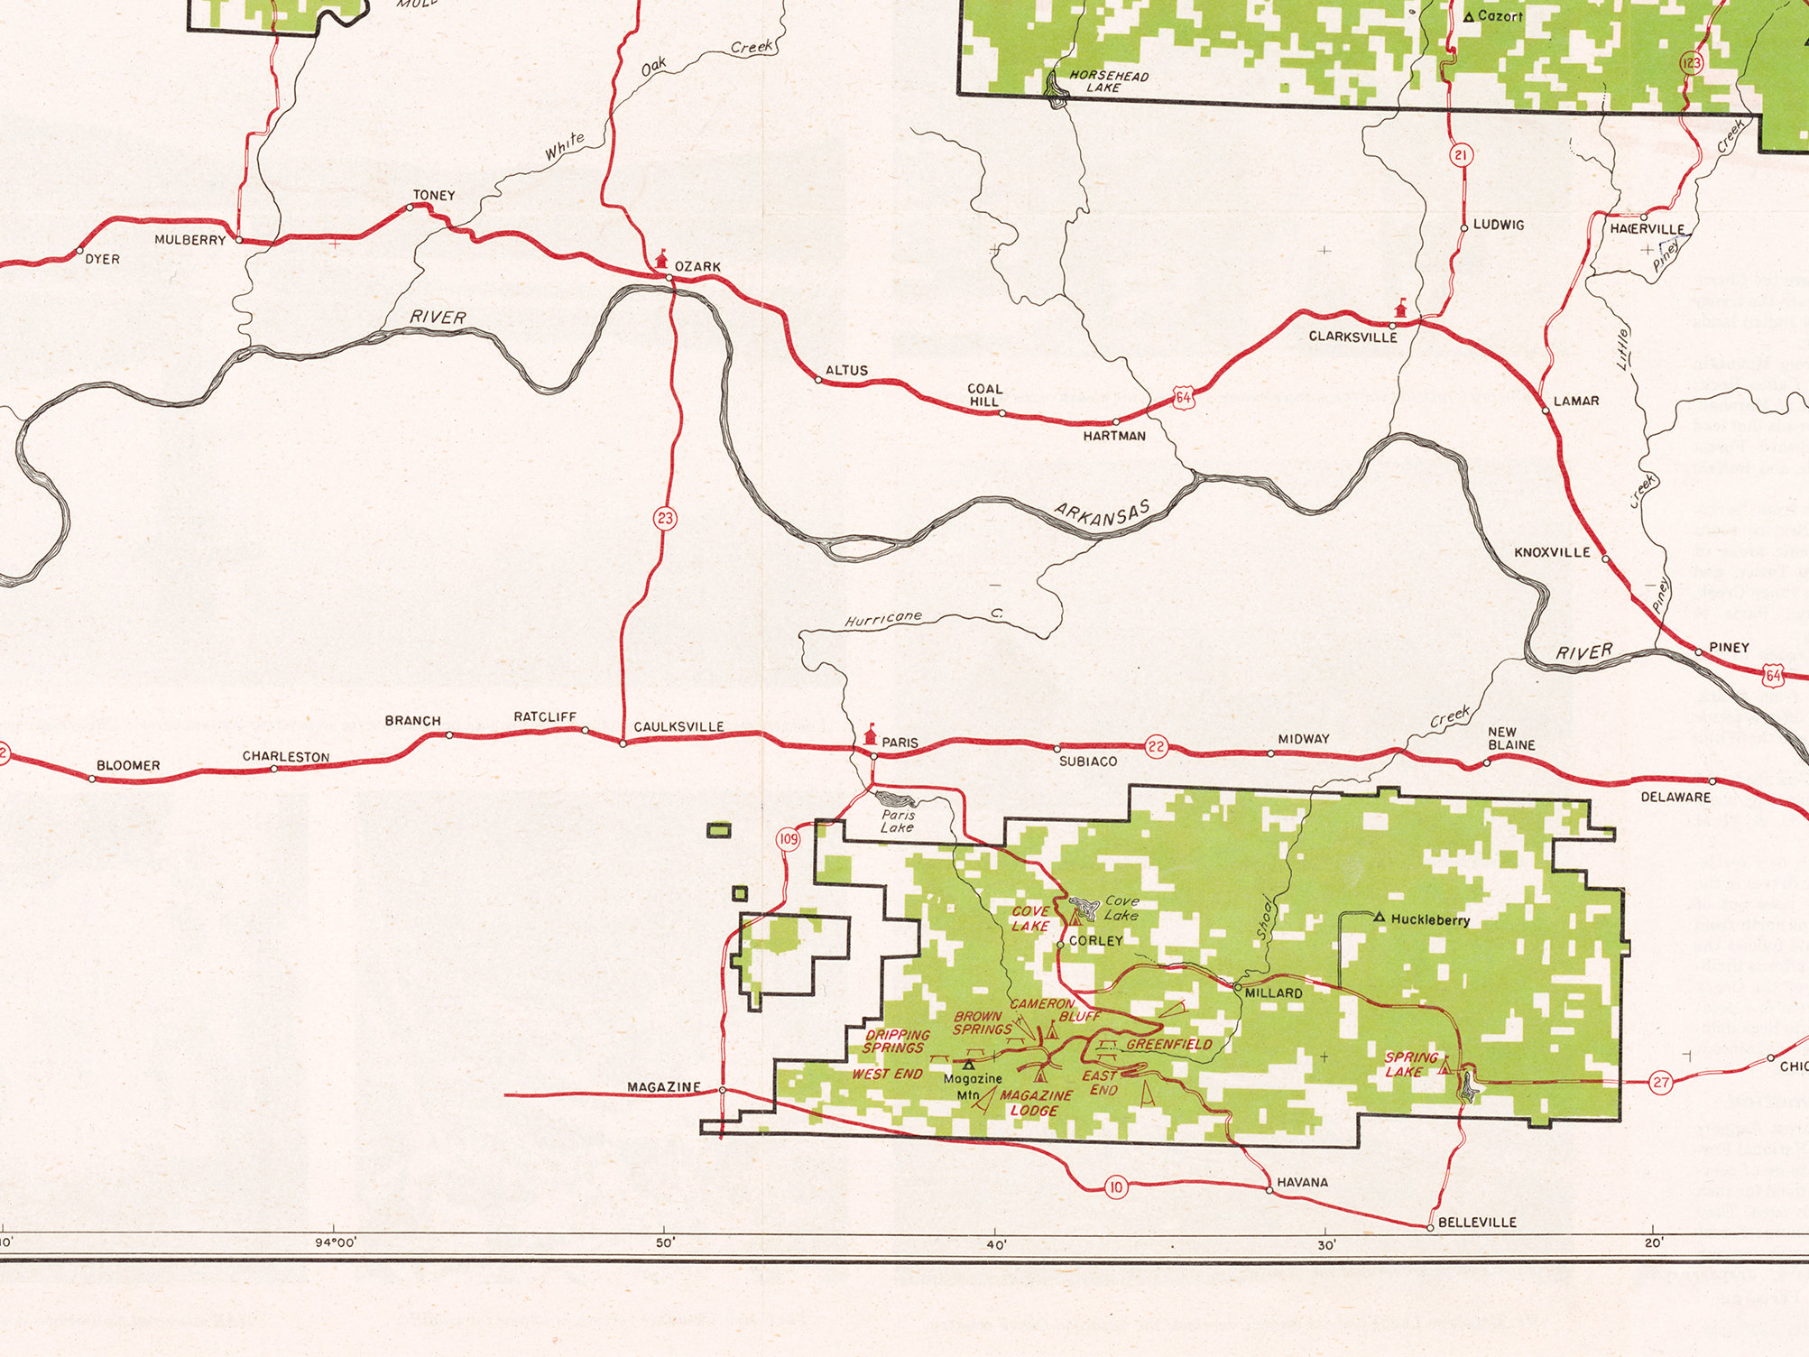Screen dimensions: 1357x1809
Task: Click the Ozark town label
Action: point(697,267)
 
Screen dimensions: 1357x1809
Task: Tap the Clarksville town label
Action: point(1352,337)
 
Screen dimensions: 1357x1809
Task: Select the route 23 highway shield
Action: point(665,518)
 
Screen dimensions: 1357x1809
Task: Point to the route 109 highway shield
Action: point(789,839)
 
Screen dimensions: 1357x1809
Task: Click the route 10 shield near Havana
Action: point(1116,1187)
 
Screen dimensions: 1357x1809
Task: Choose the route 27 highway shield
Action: point(1661,1083)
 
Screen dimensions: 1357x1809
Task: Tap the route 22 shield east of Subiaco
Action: point(1156,746)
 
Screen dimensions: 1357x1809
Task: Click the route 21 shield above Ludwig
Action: point(1461,155)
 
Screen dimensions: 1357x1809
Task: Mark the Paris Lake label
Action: point(898,821)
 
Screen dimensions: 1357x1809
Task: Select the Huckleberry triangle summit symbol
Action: point(1379,918)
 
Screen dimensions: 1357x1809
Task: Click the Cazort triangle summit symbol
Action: point(1469,17)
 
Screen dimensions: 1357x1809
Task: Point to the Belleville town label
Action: point(1477,1223)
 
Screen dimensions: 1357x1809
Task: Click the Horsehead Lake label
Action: point(1108,82)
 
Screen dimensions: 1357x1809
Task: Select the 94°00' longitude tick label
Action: point(336,1242)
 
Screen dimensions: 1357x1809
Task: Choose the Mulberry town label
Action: point(189,240)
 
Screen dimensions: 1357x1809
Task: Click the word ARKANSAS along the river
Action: point(1103,514)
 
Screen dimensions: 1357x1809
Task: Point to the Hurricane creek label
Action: point(883,619)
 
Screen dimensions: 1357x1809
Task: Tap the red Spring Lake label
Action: point(1410,1065)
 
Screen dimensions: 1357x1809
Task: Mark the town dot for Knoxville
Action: point(1605,558)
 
